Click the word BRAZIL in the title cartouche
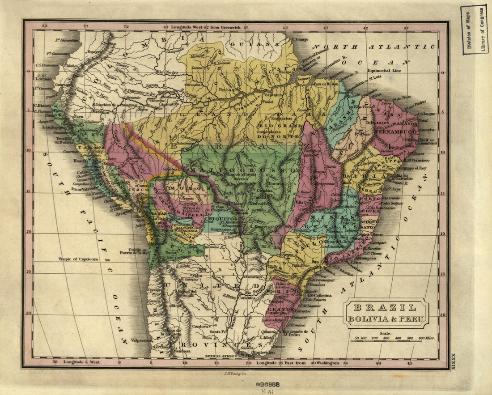tap(385, 308)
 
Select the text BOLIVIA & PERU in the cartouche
tap(385, 319)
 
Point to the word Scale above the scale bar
tap(384, 333)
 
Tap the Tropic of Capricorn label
tap(78, 259)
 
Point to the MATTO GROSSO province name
tap(242, 170)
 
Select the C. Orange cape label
tap(301, 39)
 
